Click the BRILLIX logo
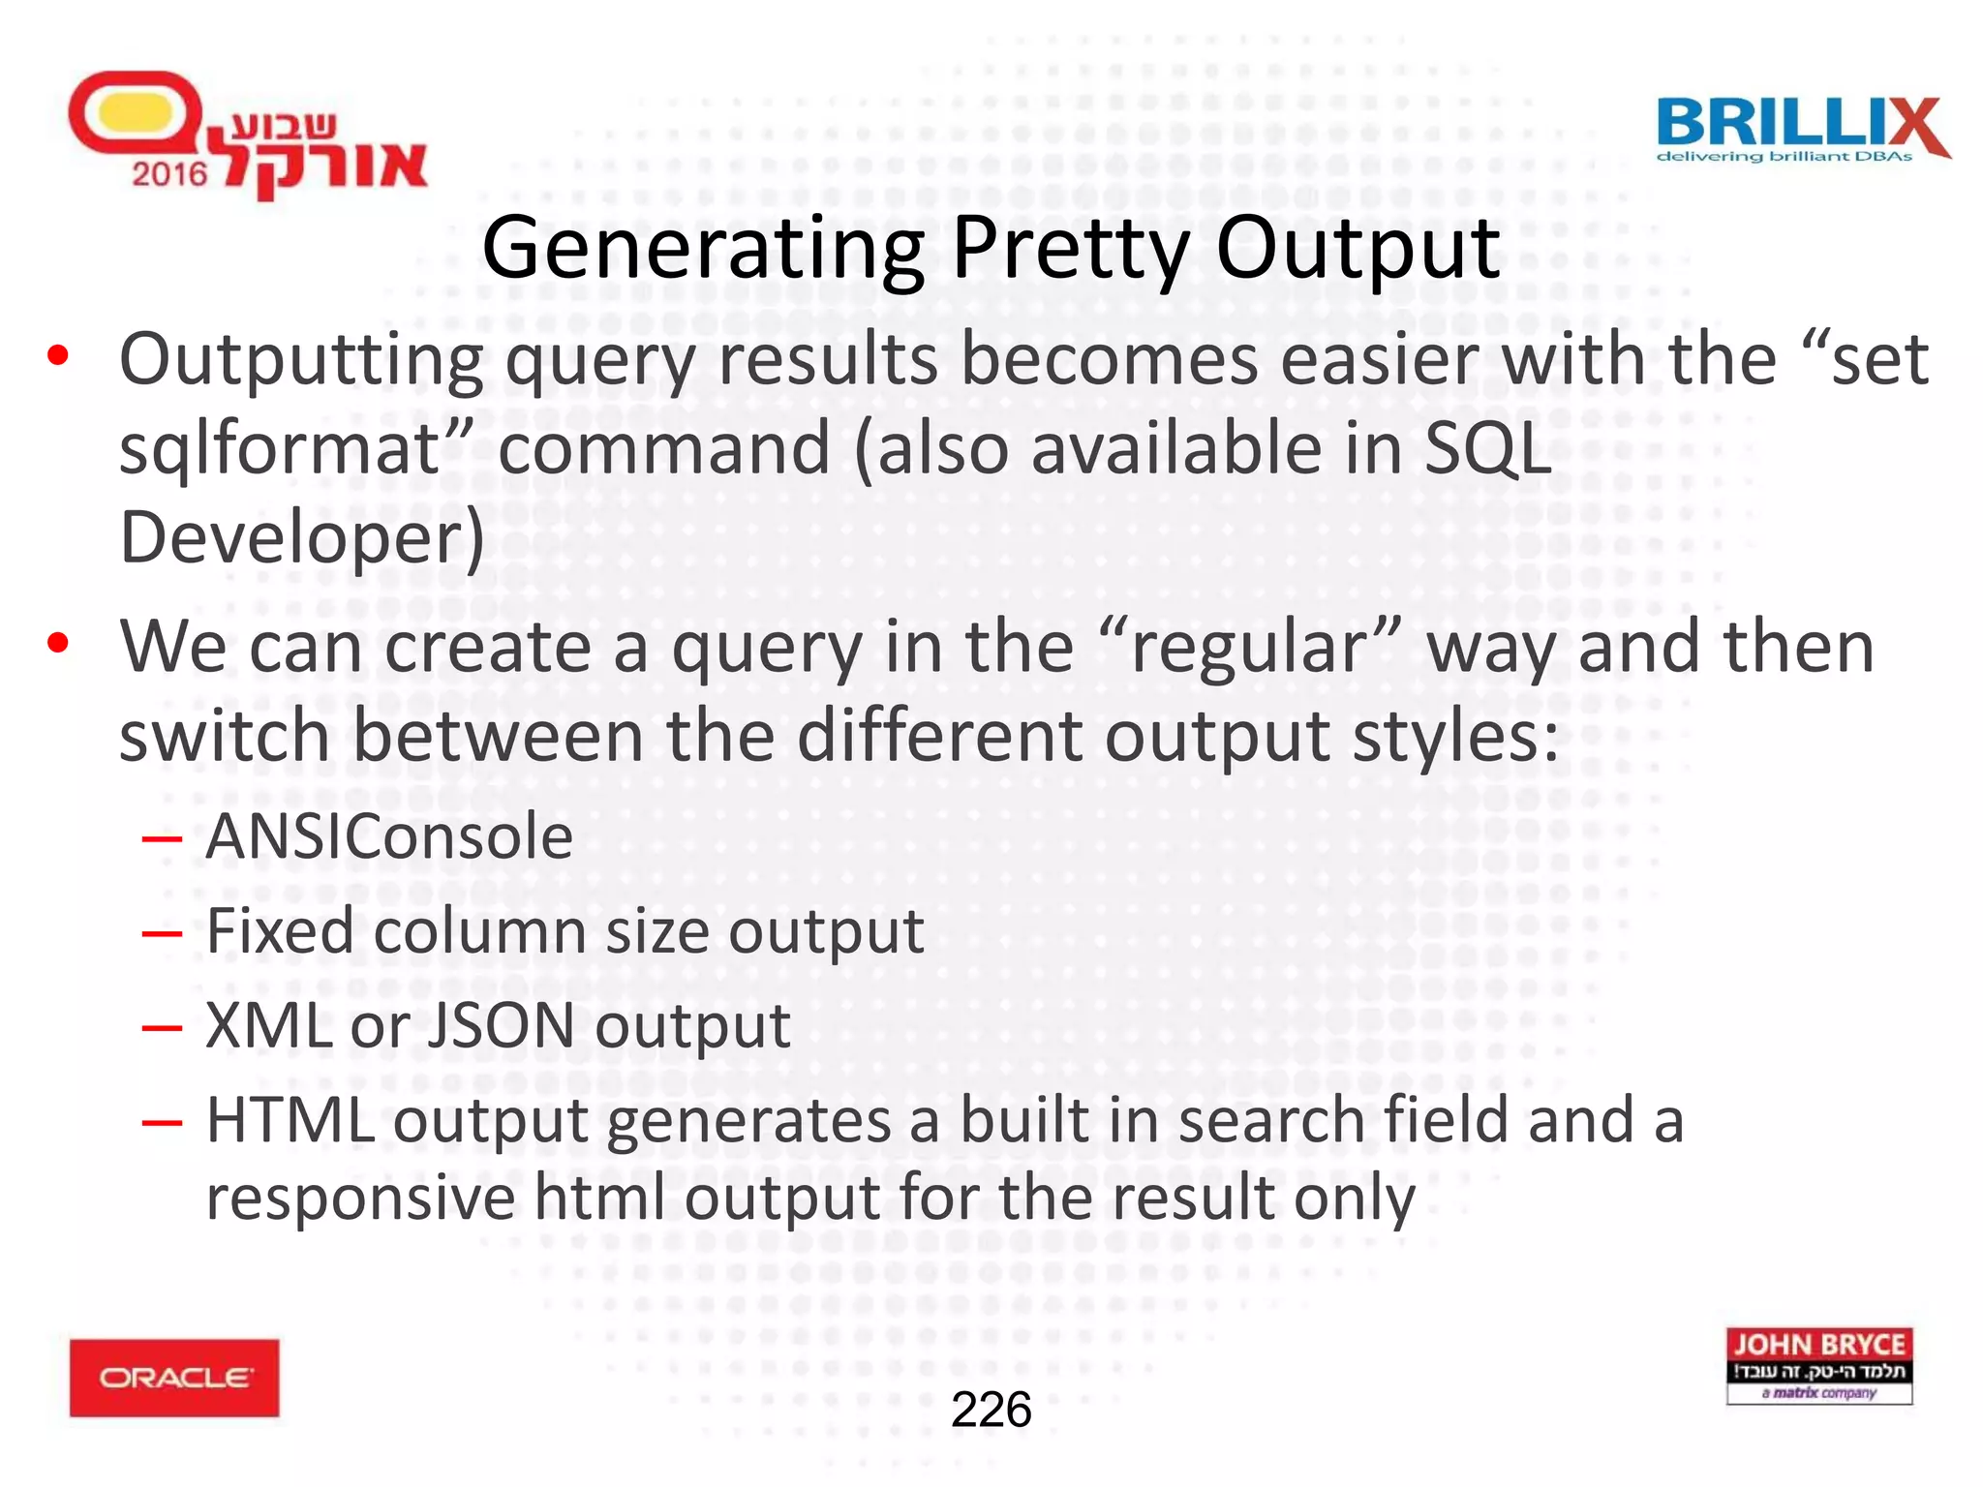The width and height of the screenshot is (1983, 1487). [x=1802, y=129]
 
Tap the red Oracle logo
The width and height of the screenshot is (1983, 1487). [x=174, y=1378]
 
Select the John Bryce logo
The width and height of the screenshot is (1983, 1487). [x=1818, y=1365]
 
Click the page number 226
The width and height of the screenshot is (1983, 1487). [x=991, y=1410]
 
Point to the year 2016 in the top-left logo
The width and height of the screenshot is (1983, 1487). [x=169, y=174]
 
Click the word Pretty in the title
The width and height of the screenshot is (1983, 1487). [x=1070, y=249]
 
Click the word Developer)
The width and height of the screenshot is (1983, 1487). [x=301, y=538]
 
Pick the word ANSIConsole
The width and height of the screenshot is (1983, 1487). [x=389, y=835]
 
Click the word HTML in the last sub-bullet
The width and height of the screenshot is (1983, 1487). [x=290, y=1120]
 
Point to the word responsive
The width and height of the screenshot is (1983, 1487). [x=360, y=1199]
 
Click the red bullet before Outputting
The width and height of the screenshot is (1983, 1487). [x=58, y=356]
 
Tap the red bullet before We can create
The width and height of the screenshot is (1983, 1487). [x=58, y=643]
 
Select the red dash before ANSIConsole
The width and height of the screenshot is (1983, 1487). [x=162, y=837]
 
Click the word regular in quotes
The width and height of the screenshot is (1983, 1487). [x=1249, y=647]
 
